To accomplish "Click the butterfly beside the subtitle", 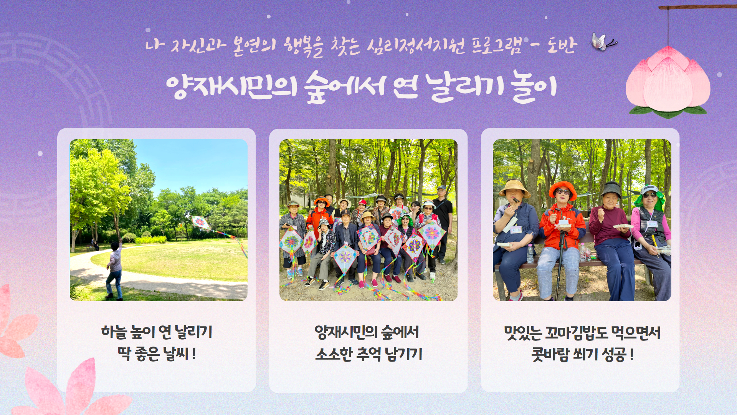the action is point(604,42).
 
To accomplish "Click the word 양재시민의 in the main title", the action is point(232,86).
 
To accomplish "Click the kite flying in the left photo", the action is point(200,222).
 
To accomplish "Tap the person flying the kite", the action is point(114,269).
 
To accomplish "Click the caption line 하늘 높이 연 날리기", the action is point(157,332).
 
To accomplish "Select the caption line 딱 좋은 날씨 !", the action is point(157,354).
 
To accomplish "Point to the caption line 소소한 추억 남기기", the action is point(368,354).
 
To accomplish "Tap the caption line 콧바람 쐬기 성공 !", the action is point(582,354).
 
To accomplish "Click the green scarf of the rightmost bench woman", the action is point(650,200).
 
